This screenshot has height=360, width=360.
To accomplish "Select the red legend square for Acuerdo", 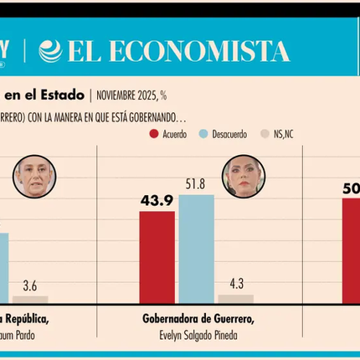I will pos(154,133).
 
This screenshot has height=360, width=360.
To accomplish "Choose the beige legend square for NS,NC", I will pos(266,133).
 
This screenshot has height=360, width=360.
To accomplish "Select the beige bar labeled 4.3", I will pos(235,298).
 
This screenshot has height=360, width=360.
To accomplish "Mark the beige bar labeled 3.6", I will pos(30,299).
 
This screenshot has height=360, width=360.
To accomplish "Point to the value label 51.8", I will pos(196,184).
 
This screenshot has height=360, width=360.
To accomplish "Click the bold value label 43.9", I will pos(157,200).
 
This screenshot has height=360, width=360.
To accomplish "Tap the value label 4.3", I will pos(235,284).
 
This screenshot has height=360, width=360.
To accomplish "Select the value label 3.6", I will pos(30,285).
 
